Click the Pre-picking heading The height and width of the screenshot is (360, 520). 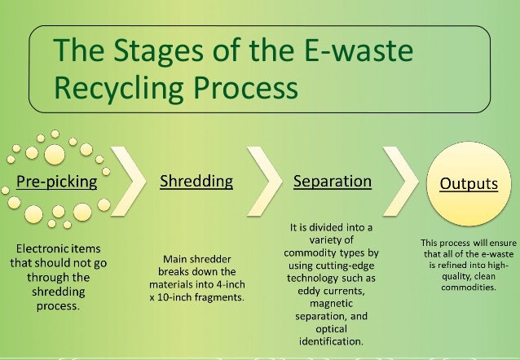click(58, 180)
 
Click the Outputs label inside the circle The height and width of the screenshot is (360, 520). click(469, 183)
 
